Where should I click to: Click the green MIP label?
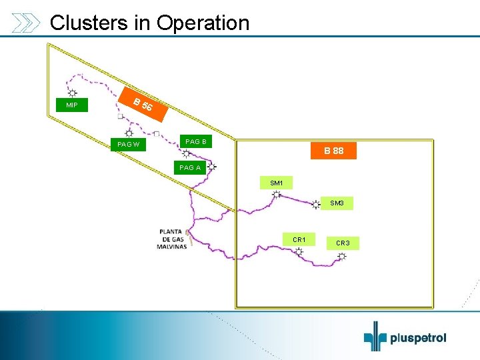point(72,105)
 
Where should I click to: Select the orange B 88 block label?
point(334,151)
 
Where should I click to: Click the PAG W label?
point(128,144)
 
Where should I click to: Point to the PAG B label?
point(196,141)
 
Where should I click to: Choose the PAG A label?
point(190,167)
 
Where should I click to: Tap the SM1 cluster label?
point(277,183)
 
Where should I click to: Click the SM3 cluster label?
point(337,203)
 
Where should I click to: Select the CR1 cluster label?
point(299,239)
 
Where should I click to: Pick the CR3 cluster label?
point(343,243)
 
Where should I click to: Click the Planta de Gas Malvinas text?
point(171,239)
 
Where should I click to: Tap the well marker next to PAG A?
point(212,167)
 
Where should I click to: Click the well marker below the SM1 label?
point(276,195)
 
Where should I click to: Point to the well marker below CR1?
point(299,252)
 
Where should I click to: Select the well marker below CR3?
point(341,257)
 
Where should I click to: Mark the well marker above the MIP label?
point(72,93)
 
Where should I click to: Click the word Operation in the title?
point(203,23)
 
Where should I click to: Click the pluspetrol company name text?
point(419,338)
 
